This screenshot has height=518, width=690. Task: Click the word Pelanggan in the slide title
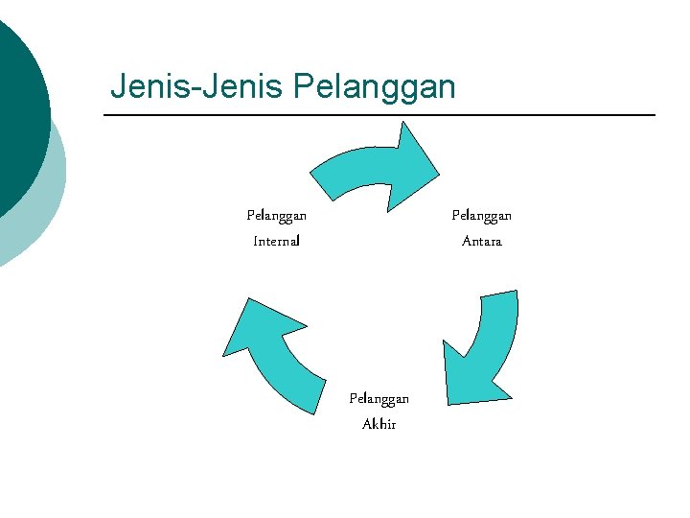[x=375, y=87]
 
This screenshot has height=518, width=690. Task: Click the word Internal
[x=276, y=241]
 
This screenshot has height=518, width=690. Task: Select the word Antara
[x=481, y=241]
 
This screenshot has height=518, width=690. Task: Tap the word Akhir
[x=379, y=424]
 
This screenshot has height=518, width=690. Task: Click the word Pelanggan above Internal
[x=276, y=216]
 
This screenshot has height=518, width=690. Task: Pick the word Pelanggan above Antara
[x=481, y=216]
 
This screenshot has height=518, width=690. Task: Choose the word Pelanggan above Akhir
[x=379, y=398]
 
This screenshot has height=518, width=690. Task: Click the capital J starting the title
[x=118, y=86]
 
